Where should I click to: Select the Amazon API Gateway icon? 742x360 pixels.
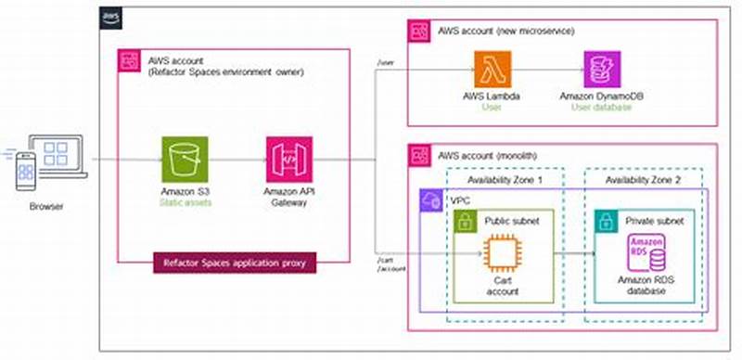pos(288,160)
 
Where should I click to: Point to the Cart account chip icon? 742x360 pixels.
pos(502,252)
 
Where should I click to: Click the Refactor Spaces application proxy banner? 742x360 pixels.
pos(234,264)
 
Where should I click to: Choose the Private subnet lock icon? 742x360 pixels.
pos(607,221)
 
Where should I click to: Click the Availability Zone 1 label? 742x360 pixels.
pos(505,179)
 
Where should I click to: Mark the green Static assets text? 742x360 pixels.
pos(185,201)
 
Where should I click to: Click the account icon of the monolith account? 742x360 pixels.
pos(421,155)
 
